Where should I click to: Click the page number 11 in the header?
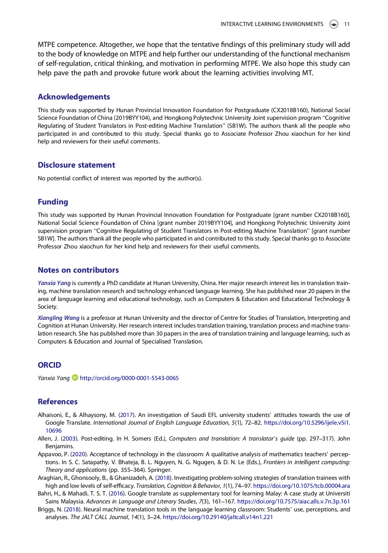[347, 24]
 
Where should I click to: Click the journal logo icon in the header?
[334, 24]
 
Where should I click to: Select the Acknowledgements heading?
[74, 97]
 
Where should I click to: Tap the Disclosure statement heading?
[76, 165]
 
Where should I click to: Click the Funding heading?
[53, 202]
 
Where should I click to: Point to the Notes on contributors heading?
[78, 270]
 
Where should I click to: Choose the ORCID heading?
[49, 365]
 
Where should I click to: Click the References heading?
[58, 402]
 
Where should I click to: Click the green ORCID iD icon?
[75, 378]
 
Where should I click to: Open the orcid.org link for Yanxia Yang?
[129, 378]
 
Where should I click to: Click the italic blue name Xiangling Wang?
[58, 318]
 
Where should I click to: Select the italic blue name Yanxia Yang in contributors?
[54, 283]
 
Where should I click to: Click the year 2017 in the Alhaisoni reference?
[126, 415]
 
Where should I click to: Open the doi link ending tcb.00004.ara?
[301, 486]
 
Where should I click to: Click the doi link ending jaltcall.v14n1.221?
[218, 517]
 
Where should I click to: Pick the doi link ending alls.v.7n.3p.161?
[293, 501]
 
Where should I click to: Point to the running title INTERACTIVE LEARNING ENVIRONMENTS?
[272, 24]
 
